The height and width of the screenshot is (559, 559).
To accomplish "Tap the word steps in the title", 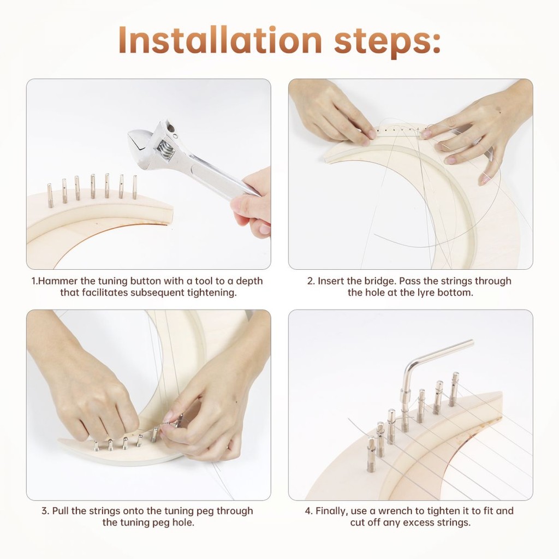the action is point(384,42).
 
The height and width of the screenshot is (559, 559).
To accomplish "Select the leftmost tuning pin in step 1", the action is point(50,195).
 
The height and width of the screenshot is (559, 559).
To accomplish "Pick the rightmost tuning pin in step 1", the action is point(135,187).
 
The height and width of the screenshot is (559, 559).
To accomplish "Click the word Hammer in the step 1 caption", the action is point(58,281).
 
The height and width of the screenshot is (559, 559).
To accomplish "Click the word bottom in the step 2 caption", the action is point(455,293).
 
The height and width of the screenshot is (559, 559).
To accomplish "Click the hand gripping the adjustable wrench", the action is point(252,203).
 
